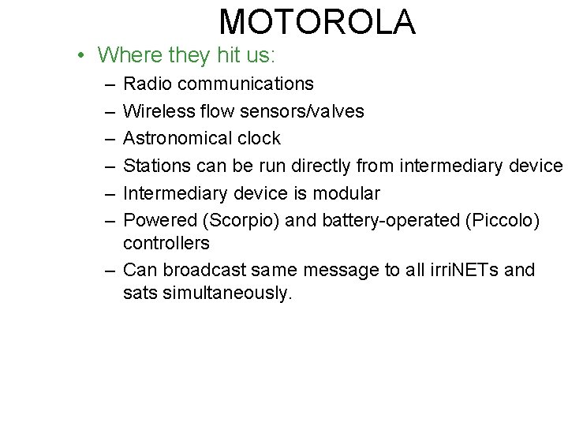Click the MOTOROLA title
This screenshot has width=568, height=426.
(x=317, y=22)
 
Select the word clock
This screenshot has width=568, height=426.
(x=257, y=139)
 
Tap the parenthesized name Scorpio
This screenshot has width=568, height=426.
(x=233, y=222)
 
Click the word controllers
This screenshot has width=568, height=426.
(x=166, y=242)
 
